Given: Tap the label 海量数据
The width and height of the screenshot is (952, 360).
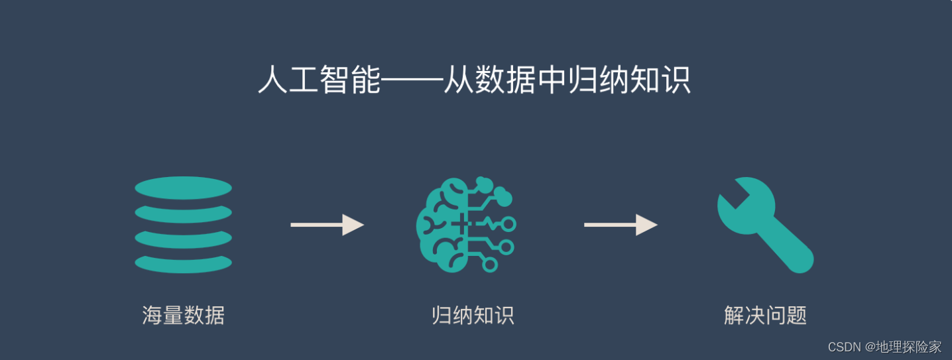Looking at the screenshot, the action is coord(183,315).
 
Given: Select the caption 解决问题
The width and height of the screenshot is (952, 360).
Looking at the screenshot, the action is coord(765,315).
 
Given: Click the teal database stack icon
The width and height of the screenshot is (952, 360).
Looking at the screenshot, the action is coord(183,225).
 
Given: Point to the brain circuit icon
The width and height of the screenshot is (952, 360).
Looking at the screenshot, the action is coord(465,225).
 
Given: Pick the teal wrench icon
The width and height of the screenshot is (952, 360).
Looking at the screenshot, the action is coord(765,225).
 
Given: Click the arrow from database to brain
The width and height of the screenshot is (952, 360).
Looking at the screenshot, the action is coord(327,225).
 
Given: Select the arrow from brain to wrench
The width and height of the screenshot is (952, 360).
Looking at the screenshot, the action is coord(621,225).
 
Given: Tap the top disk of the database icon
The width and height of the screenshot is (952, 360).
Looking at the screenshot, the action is coord(183,188).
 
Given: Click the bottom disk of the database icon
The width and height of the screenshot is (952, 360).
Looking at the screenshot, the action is coord(183,263).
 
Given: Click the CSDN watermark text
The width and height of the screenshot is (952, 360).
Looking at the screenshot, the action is coord(844,347).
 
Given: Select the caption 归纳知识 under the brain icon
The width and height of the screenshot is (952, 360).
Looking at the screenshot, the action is coord(473,315).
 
